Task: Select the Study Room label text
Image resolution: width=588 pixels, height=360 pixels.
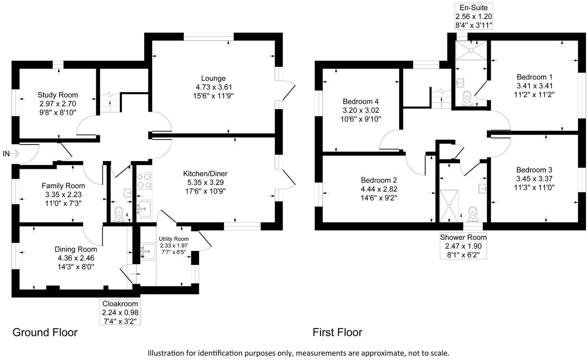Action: click(58, 95)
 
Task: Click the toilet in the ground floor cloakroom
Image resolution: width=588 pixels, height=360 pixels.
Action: click(119, 213)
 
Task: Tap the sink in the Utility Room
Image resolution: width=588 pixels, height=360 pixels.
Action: click(147, 251)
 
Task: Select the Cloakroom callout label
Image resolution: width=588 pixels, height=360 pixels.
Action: click(120, 304)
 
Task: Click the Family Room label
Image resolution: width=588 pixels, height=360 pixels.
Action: click(63, 186)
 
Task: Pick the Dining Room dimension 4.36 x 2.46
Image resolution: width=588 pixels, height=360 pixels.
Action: click(76, 258)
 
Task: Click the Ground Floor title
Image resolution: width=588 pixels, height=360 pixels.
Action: click(45, 332)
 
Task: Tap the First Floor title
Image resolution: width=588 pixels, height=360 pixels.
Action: click(337, 332)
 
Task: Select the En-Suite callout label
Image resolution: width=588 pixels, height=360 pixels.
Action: click(473, 8)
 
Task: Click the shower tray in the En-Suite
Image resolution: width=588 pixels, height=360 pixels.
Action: click(471, 50)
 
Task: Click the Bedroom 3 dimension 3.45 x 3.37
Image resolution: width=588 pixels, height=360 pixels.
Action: click(534, 179)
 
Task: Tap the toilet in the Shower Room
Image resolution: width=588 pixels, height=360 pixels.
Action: click(472, 213)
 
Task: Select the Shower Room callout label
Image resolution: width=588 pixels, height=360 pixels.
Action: click(463, 237)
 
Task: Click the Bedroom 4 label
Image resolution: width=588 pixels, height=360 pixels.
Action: click(361, 101)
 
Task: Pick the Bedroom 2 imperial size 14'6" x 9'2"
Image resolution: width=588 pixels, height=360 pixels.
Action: click(379, 198)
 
